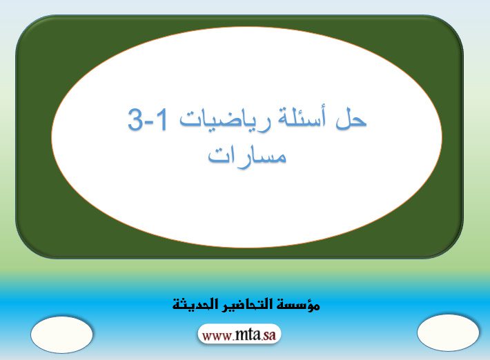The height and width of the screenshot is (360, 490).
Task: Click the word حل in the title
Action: tap(351, 119)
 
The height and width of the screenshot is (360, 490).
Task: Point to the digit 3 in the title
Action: tap(136, 119)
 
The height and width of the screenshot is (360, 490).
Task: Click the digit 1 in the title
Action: tap(161, 119)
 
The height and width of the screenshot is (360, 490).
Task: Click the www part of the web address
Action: tap(217, 337)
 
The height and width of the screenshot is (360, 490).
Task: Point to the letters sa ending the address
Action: tap(269, 336)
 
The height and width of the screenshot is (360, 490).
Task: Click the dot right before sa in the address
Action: tap(262, 340)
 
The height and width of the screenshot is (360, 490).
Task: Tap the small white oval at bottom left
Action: tap(62, 334)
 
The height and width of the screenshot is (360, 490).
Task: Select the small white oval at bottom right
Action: tap(448, 333)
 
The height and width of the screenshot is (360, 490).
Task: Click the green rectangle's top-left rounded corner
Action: tap(26, 26)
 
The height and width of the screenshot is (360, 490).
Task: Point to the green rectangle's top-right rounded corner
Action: tap(453, 26)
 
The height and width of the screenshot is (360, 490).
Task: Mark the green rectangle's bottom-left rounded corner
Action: tap(26, 248)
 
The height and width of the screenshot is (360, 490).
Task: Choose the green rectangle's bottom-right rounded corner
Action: tap(453, 248)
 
